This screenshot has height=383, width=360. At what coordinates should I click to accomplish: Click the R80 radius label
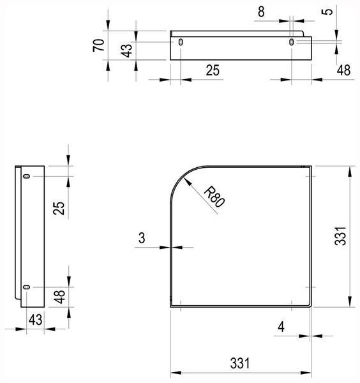pos(214,197)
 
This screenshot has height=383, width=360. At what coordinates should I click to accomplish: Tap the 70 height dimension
pos(99,45)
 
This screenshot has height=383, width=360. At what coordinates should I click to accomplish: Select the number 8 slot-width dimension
pos(261,11)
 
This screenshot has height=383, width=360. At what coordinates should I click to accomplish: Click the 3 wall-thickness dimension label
pos(142,237)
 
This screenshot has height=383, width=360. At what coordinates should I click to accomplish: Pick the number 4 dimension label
pos(281,327)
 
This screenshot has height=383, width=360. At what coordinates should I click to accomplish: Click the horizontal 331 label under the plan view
pos(240,363)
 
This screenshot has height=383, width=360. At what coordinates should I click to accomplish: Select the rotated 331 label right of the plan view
pos(340,236)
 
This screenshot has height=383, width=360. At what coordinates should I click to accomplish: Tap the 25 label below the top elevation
pos(213,70)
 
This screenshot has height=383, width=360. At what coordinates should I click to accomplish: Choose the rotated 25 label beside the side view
pos(59,208)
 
